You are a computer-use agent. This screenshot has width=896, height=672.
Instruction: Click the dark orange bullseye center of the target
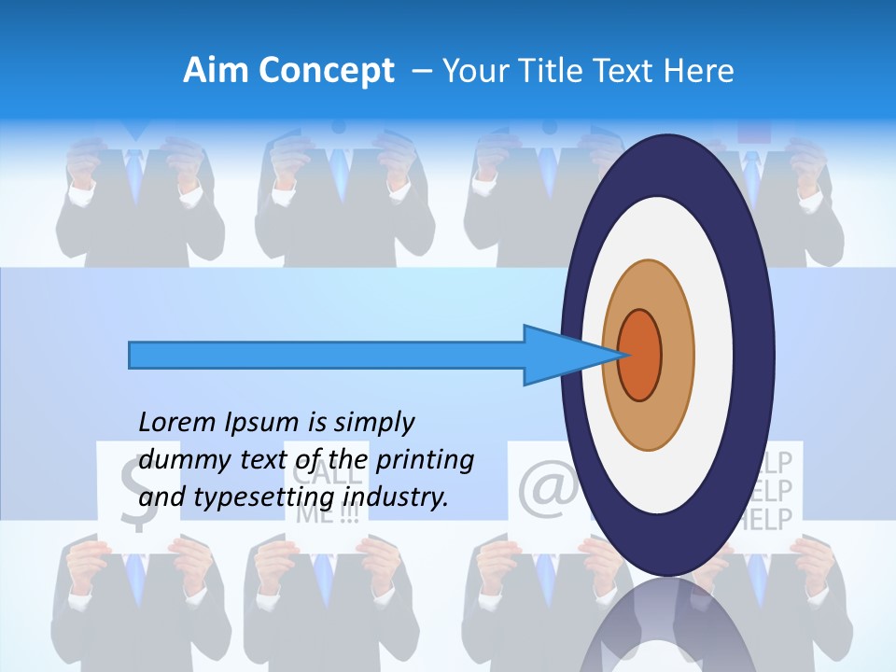coord(640,355)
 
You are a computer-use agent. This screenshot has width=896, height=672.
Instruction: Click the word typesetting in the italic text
coord(265,498)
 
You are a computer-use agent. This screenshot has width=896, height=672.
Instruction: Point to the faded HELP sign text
coord(782,490)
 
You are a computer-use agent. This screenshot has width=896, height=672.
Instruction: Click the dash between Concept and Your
coord(422,71)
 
